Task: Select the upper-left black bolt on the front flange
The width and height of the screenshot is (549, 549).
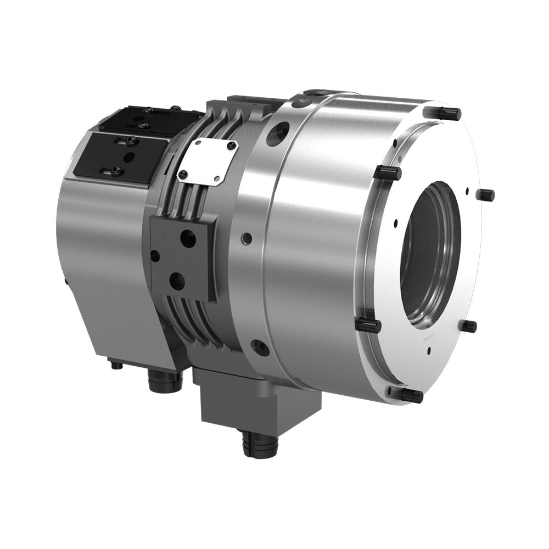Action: (388, 172)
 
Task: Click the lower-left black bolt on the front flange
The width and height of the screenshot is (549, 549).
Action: (368, 325)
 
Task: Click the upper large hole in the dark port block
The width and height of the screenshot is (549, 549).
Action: (188, 238)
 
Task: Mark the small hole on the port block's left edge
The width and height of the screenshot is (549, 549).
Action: (155, 256)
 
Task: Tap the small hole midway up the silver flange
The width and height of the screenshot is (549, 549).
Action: (247, 238)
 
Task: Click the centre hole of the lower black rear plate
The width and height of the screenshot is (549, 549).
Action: (129, 157)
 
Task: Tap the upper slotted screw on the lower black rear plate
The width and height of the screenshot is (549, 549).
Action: (132, 141)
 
